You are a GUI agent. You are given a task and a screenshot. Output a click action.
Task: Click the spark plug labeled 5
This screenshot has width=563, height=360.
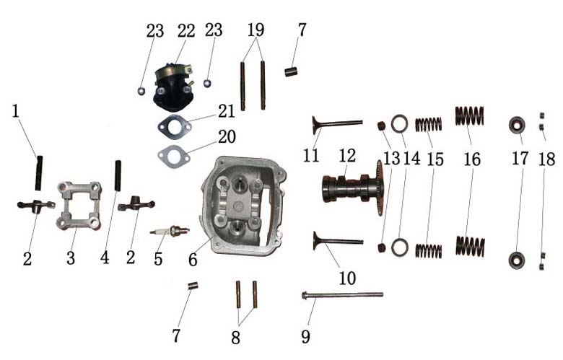[x=170, y=231]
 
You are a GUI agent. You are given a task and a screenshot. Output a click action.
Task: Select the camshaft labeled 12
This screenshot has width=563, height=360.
[x=352, y=189]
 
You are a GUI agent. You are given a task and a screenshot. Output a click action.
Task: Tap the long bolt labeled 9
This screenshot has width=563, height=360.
[x=342, y=295]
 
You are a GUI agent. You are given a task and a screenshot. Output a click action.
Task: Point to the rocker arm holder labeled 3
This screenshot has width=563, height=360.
[x=79, y=206]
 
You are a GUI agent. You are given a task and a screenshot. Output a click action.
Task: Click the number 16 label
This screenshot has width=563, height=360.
[x=472, y=159]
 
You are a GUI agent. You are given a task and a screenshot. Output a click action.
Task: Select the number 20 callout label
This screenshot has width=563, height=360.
[x=227, y=136]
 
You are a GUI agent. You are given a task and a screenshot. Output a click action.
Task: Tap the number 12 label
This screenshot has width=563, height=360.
[x=347, y=155]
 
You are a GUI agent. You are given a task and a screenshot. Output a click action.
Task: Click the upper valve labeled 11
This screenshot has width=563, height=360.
[x=337, y=124]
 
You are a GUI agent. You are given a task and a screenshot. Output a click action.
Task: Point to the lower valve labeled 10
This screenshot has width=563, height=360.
[x=338, y=241]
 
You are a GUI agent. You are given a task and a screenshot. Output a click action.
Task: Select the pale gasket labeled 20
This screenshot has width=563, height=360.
[x=174, y=155]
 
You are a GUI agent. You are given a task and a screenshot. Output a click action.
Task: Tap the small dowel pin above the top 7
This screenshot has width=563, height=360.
[x=290, y=71]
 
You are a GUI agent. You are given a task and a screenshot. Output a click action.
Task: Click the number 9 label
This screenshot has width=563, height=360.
[x=305, y=336]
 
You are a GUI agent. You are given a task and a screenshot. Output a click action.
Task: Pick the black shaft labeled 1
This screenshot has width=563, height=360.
[x=39, y=173]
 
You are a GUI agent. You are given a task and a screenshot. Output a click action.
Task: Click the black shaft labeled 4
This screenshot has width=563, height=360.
[x=118, y=176]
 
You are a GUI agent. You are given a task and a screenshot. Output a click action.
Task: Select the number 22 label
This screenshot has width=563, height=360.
[x=186, y=30]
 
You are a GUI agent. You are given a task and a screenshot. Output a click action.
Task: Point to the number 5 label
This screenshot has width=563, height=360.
[x=158, y=258]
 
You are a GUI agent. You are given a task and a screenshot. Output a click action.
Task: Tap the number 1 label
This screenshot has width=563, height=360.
[x=15, y=111]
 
